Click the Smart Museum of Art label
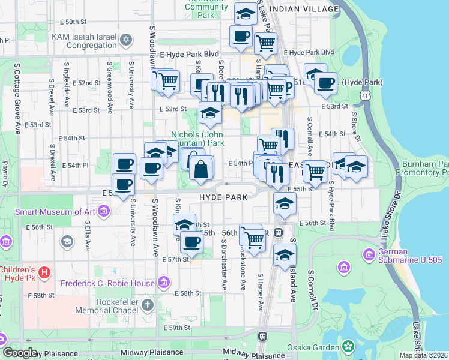pyautogui.click(x=54, y=211)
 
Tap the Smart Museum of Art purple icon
pyautogui.click(x=104, y=211)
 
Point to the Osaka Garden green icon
pyautogui.click(x=348, y=346)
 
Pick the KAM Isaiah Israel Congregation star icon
pyautogui.click(x=125, y=40)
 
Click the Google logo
pyautogui.click(x=20, y=353)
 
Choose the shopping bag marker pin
pyautogui.click(x=201, y=169)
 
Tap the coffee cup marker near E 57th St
pyautogui.click(x=191, y=242)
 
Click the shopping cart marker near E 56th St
pyautogui.click(x=254, y=240)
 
